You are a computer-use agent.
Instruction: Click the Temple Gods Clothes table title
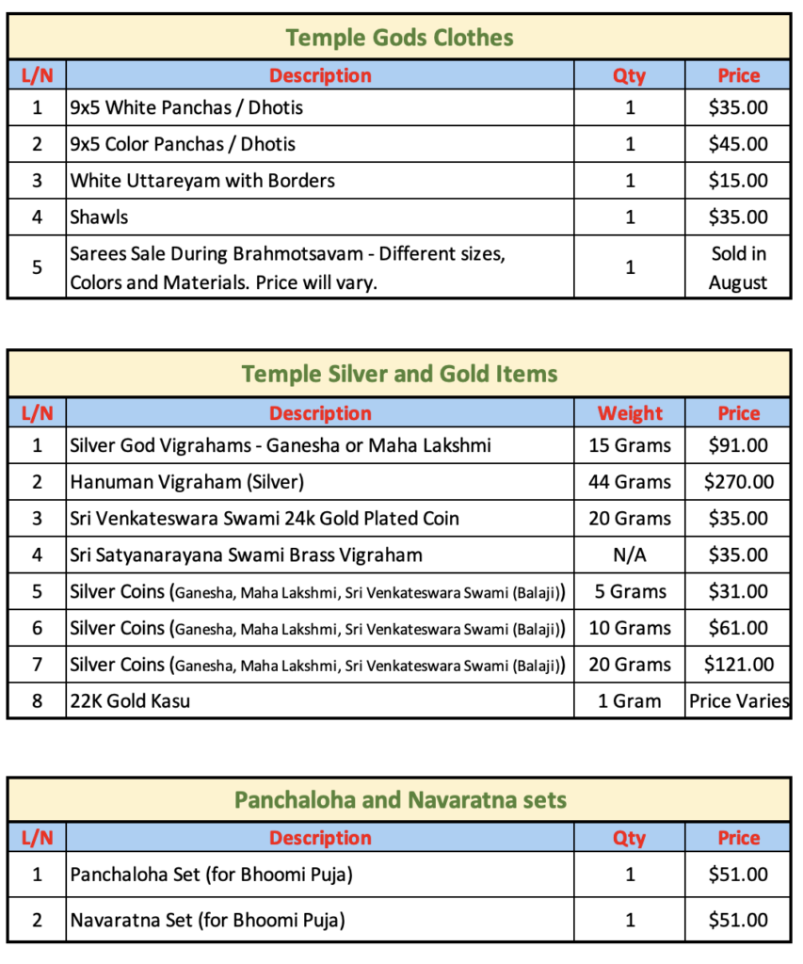click(x=399, y=39)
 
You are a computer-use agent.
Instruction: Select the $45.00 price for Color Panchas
click(x=738, y=144)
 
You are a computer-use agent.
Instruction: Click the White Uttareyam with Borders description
click(x=202, y=181)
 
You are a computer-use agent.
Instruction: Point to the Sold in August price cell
click(x=738, y=268)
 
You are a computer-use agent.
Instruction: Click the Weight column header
click(x=630, y=413)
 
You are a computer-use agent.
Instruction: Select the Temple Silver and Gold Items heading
click(x=399, y=375)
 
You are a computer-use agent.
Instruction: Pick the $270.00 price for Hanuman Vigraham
click(x=738, y=482)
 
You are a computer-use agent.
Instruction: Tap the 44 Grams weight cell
click(x=630, y=482)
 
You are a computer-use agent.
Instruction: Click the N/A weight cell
click(x=630, y=555)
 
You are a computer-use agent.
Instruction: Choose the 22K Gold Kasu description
click(x=130, y=701)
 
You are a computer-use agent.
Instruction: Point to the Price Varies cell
click(x=738, y=701)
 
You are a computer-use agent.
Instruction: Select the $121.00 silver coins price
click(x=738, y=665)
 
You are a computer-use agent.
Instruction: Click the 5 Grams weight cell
click(x=630, y=592)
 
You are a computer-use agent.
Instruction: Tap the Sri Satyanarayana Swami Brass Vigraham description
click(x=246, y=555)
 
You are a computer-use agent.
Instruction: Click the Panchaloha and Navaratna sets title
click(x=399, y=801)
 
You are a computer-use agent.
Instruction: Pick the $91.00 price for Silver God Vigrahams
click(x=738, y=445)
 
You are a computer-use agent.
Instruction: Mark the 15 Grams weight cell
click(x=630, y=445)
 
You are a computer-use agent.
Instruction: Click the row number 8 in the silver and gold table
click(x=37, y=701)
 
